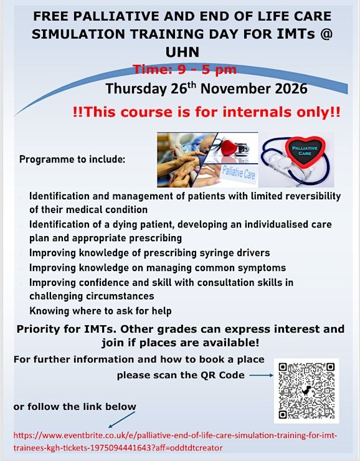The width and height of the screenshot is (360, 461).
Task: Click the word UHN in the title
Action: click(182, 52)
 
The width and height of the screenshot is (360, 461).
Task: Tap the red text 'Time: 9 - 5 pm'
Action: click(184, 70)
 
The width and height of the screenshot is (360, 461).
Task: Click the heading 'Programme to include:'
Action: click(72, 159)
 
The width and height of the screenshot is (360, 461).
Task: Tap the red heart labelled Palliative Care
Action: click(305, 151)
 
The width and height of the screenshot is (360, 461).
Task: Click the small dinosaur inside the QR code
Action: click(306, 391)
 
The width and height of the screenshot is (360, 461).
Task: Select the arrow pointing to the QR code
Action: click(261, 375)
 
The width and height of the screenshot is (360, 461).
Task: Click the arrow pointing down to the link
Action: click(121, 420)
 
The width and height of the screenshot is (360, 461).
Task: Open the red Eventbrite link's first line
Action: click(175, 435)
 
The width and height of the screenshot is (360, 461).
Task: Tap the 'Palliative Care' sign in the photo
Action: click(239, 174)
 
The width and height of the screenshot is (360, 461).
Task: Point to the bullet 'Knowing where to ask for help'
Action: click(100, 311)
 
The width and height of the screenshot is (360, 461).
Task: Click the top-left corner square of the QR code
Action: click(283, 367)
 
